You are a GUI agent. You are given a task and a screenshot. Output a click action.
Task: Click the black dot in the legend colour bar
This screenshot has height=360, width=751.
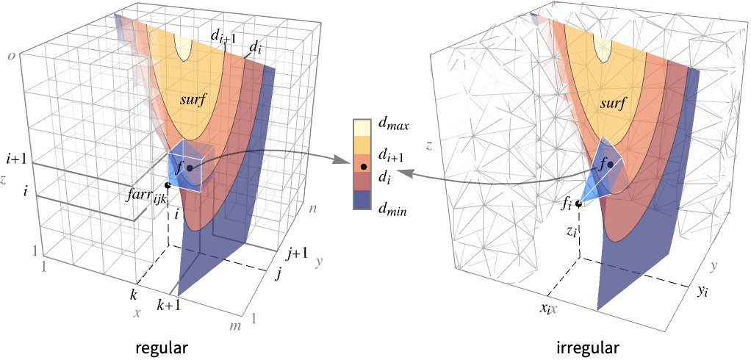point(364,167)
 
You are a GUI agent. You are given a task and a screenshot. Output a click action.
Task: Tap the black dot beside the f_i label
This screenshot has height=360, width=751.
point(578,204)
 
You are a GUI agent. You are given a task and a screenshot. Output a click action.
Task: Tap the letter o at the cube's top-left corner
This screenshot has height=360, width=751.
point(10,56)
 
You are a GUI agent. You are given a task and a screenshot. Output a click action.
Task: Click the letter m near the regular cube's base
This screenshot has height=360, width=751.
point(236,326)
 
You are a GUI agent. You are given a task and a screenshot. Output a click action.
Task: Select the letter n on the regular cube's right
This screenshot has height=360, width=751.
point(313,209)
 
